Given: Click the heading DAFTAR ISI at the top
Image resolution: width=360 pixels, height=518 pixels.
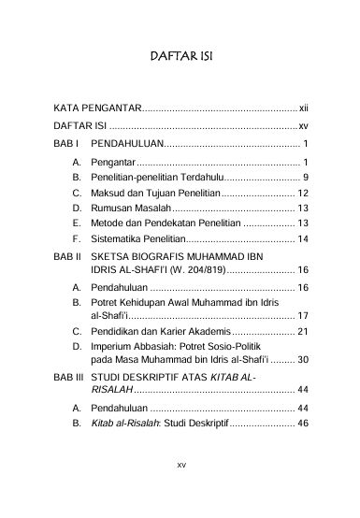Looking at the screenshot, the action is coord(181,57).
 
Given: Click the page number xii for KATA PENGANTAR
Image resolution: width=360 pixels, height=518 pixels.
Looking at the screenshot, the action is coord(303,108).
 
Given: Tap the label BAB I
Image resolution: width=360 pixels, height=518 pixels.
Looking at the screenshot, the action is coord(66,143).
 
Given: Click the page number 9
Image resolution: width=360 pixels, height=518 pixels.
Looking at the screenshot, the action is coord(307,177).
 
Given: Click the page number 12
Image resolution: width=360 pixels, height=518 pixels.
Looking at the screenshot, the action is coord(303,193).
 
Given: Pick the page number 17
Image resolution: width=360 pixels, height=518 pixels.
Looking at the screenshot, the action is coord(303,315).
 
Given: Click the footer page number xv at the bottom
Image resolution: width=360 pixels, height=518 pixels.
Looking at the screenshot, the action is coord(181,488).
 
